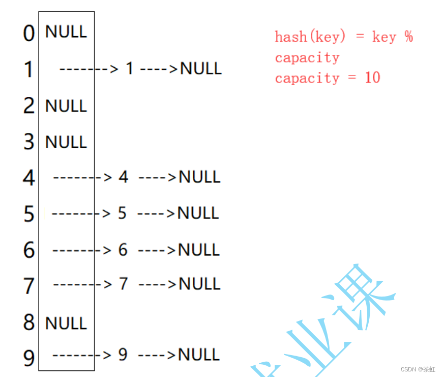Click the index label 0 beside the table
click(29, 34)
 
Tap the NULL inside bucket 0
click(66, 32)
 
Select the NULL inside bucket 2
click(66, 106)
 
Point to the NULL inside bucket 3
click(66, 142)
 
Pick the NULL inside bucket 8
click(66, 323)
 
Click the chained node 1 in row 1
click(129, 68)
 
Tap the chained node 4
click(123, 177)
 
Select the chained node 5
click(122, 213)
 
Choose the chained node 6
click(123, 250)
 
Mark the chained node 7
click(123, 284)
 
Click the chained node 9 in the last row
click(123, 355)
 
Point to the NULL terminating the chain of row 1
click(201, 68)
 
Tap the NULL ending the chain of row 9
click(199, 355)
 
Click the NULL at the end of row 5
click(198, 213)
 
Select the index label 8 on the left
click(29, 323)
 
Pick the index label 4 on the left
click(29, 178)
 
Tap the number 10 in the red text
click(372, 78)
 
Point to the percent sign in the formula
click(408, 37)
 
